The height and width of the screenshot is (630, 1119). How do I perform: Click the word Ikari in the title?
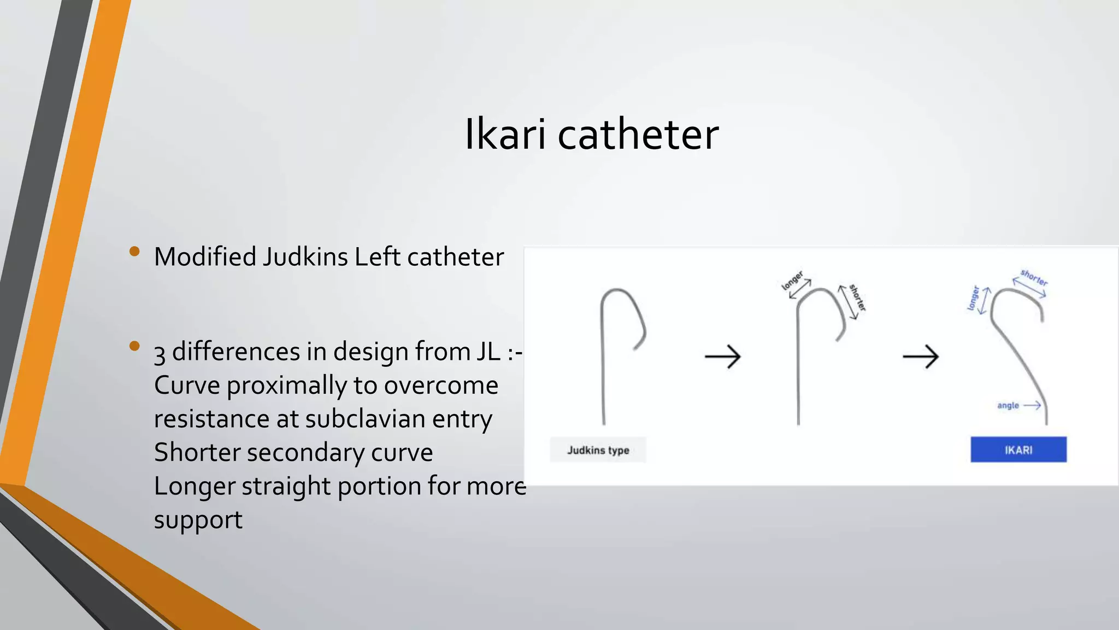pyautogui.click(x=505, y=135)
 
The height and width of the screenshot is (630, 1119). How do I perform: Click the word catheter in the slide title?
pyautogui.click(x=638, y=135)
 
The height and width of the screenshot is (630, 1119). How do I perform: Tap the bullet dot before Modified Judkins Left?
pyautogui.click(x=134, y=252)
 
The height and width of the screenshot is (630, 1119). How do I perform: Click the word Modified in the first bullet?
pyautogui.click(x=205, y=256)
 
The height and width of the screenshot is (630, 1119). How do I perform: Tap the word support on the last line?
pyautogui.click(x=198, y=520)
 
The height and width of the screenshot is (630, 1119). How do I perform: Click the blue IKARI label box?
pyautogui.click(x=1018, y=450)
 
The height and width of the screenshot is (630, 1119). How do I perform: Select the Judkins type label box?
pyautogui.click(x=598, y=450)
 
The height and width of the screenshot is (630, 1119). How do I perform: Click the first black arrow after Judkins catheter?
pyautogui.click(x=722, y=357)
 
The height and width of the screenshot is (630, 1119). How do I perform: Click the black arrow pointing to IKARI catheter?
pyautogui.click(x=920, y=357)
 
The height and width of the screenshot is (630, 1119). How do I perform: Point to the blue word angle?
pyautogui.click(x=1008, y=405)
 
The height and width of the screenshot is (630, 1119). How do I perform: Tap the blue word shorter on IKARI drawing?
pyautogui.click(x=1034, y=278)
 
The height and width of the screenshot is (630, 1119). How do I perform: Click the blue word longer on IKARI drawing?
pyautogui.click(x=973, y=298)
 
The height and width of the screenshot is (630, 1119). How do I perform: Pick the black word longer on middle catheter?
pyautogui.click(x=792, y=280)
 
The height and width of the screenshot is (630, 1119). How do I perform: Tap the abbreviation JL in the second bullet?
pyautogui.click(x=488, y=351)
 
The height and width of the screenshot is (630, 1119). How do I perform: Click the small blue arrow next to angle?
pyautogui.click(x=1032, y=405)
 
